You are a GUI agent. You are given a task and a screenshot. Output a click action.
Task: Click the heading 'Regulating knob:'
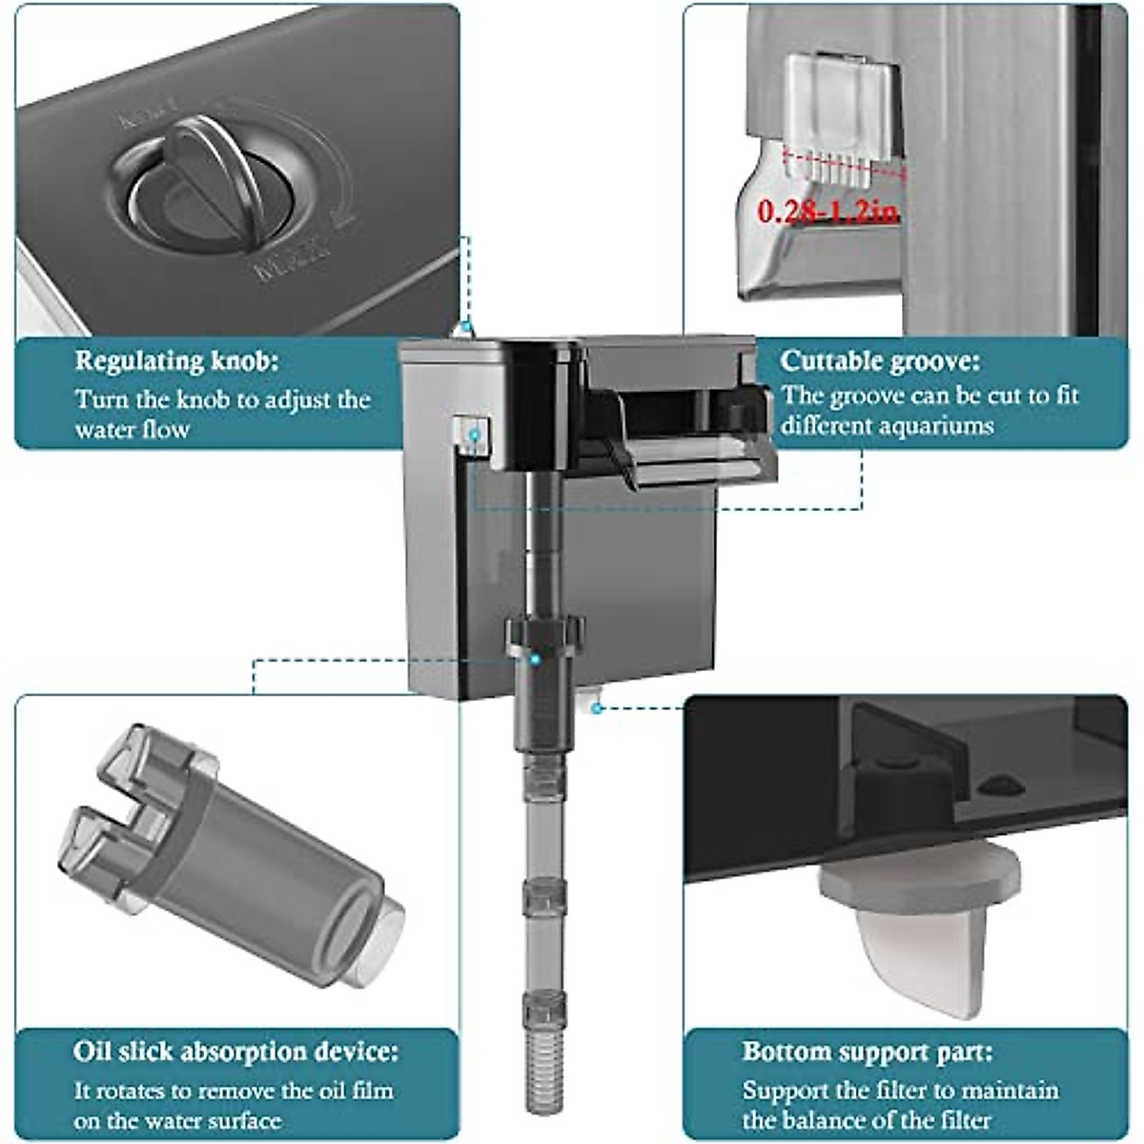[177, 362]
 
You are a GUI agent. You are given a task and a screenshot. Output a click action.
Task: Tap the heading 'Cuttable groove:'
[879, 362]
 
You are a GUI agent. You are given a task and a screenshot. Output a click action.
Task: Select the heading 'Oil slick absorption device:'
[235, 1052]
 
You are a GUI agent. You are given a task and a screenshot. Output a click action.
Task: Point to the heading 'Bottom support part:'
[868, 1052]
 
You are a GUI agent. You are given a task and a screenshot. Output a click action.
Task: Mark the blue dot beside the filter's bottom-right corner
[596, 707]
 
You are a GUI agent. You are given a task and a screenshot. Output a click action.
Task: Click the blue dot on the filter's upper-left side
[473, 435]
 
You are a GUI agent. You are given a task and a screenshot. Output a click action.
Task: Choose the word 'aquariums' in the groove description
[935, 425]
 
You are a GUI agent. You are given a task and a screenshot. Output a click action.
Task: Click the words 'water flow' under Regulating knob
[133, 429]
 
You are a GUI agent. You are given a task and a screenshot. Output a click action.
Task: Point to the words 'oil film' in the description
[347, 1091]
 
